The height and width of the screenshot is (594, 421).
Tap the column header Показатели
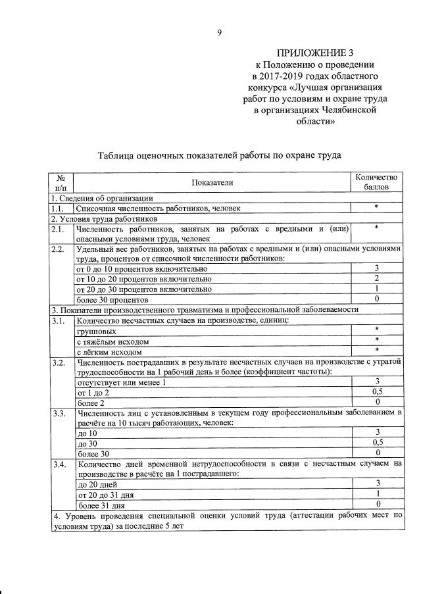[212, 182]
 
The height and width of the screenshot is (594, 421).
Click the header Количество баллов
[376, 182]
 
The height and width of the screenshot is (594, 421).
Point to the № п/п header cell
[61, 182]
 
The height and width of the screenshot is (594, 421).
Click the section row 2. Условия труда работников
[104, 218]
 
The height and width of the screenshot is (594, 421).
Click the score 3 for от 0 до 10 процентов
[376, 268]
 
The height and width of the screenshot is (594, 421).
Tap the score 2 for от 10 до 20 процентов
[376, 278]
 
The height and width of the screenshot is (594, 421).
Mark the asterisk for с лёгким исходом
[376, 351]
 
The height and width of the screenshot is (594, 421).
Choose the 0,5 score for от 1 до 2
[376, 392]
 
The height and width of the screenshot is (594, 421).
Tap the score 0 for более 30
[376, 453]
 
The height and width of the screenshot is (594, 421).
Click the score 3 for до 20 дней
[376, 483]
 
